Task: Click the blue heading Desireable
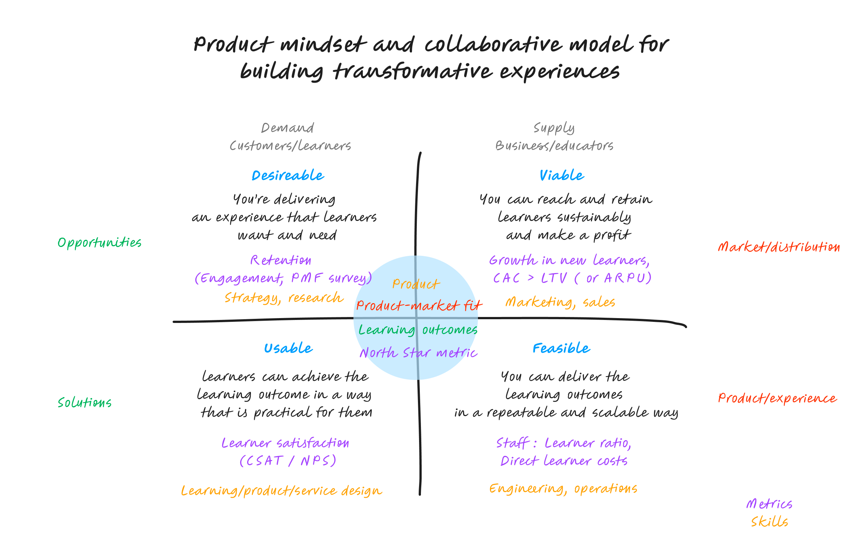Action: (x=288, y=175)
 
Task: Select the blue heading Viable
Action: (x=561, y=175)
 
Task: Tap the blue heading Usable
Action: (x=288, y=348)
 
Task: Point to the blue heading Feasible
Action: (x=561, y=348)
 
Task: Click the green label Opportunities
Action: (x=100, y=243)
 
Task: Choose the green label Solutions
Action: (x=85, y=403)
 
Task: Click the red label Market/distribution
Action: (x=779, y=247)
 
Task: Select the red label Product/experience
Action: (x=777, y=399)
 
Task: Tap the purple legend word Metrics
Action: (x=769, y=504)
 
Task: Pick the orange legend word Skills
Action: (x=770, y=522)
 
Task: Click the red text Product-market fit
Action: (x=419, y=306)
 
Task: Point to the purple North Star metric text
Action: (x=418, y=353)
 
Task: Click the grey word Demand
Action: (x=287, y=128)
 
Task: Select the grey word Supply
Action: (x=554, y=128)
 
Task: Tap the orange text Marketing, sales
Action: (x=560, y=302)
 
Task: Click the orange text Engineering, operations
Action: (x=563, y=489)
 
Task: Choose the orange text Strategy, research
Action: (x=284, y=298)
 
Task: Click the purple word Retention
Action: (x=281, y=260)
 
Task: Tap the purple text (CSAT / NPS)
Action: (x=288, y=461)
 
